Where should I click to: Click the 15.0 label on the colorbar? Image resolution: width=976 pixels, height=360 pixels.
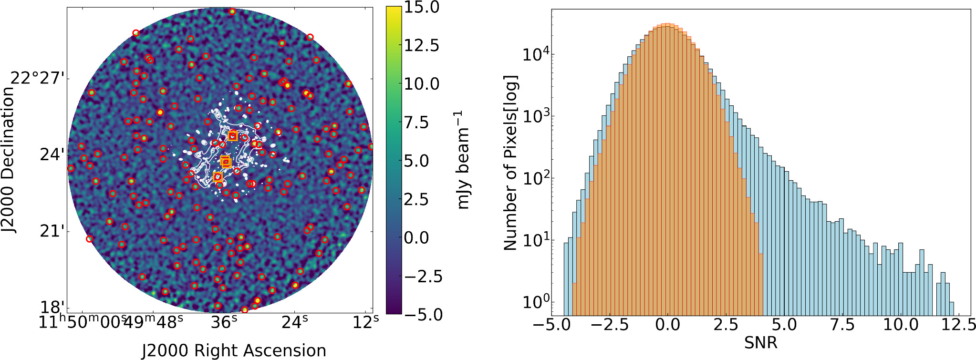pyautogui.click(x=422, y=8)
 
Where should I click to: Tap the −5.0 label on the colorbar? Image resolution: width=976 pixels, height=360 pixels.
pyautogui.click(x=422, y=315)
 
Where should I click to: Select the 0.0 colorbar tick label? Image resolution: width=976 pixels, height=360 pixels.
pyautogui.click(x=422, y=238)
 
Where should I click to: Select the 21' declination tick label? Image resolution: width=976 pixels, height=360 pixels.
pyautogui.click(x=52, y=231)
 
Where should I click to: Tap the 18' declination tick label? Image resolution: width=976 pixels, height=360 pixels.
pyautogui.click(x=52, y=308)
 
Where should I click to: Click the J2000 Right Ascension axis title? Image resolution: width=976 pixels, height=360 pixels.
pyautogui.click(x=234, y=350)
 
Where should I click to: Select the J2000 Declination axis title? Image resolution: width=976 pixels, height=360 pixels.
pyautogui.click(x=8, y=160)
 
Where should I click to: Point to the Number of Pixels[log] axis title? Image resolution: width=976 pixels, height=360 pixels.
pyautogui.click(x=510, y=162)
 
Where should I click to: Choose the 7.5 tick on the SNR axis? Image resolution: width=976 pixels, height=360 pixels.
pyautogui.click(x=842, y=325)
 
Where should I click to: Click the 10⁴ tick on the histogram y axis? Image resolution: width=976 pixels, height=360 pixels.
pyautogui.click(x=535, y=54)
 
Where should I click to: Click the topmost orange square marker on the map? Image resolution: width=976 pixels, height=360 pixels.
pyautogui.click(x=233, y=136)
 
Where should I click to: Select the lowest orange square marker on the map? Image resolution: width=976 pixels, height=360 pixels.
pyautogui.click(x=218, y=177)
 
